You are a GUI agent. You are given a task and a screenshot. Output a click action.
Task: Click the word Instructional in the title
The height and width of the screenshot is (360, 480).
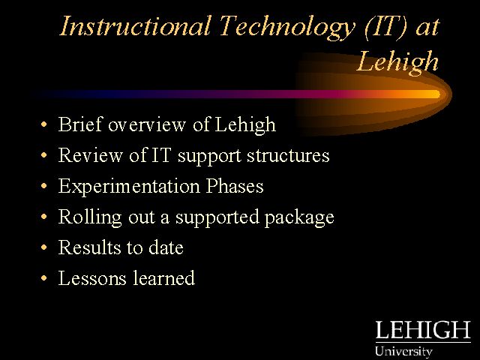tap(135, 25)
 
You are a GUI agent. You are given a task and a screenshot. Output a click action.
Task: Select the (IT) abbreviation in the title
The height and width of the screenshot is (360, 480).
tap(386, 27)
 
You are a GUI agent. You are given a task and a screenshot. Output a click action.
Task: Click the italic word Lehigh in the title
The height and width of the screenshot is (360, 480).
tap(398, 62)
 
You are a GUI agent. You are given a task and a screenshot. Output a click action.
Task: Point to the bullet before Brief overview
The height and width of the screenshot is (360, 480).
tap(44, 124)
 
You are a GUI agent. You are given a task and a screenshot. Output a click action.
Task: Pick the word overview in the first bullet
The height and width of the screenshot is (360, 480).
tap(147, 125)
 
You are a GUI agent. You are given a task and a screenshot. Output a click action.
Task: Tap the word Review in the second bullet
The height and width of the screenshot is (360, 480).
tap(90, 155)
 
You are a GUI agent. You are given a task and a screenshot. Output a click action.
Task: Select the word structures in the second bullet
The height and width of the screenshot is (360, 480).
tap(288, 155)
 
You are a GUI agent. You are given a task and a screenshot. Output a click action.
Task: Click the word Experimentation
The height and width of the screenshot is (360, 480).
tap(129, 187)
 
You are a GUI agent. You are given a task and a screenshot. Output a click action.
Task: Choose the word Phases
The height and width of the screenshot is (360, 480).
tap(235, 186)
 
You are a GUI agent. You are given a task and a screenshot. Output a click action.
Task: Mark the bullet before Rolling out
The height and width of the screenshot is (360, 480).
tap(44, 217)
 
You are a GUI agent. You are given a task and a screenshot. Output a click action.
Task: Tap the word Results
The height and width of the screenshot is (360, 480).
tap(90, 247)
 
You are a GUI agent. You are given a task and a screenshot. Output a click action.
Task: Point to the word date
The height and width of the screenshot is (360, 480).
tap(166, 247)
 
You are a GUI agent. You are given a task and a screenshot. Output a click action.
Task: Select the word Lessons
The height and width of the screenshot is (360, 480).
tap(92, 278)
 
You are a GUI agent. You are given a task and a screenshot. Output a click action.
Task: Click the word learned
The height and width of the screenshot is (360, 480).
tap(163, 278)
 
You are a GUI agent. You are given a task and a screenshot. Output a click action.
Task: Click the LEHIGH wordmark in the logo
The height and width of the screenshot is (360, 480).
tap(423, 330)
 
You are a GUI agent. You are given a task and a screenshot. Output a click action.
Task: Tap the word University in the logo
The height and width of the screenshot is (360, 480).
tap(403, 352)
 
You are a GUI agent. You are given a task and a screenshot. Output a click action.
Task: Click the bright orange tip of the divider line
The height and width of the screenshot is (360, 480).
tap(436, 94)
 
